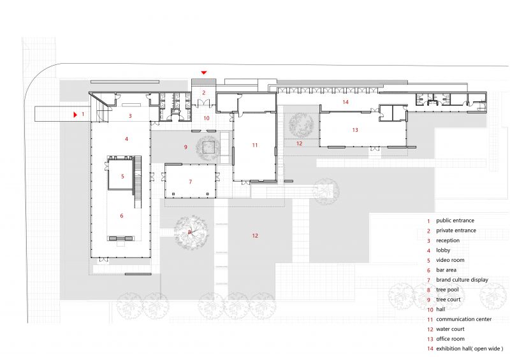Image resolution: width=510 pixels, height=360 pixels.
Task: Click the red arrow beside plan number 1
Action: click(x=75, y=115)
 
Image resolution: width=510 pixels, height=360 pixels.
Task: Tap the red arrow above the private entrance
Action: click(x=203, y=73)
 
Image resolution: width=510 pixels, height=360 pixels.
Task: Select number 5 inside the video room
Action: click(x=122, y=176)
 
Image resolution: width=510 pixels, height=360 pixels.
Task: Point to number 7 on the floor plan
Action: click(x=191, y=182)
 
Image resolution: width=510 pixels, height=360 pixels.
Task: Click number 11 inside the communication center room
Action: click(x=254, y=145)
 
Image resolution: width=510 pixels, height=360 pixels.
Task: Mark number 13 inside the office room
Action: click(x=355, y=130)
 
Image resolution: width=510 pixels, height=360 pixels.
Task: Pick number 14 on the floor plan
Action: click(x=346, y=102)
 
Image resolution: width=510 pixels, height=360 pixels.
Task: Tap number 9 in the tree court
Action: click(x=186, y=147)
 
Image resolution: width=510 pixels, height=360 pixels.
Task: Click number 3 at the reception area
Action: click(x=130, y=116)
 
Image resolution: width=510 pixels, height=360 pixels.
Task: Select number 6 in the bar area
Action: click(x=122, y=215)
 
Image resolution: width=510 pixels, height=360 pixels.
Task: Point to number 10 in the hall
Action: click(x=207, y=118)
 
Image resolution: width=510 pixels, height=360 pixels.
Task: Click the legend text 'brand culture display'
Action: click(x=462, y=280)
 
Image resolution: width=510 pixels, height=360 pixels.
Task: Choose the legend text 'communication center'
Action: click(x=464, y=319)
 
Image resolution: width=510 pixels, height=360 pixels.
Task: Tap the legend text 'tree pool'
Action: click(x=448, y=289)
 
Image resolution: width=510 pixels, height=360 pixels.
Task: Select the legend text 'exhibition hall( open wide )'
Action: click(x=470, y=349)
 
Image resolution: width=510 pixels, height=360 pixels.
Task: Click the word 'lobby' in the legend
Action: click(x=443, y=250)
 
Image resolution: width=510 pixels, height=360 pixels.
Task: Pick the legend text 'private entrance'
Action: click(x=456, y=230)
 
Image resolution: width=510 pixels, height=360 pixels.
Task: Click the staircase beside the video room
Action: click(x=138, y=182)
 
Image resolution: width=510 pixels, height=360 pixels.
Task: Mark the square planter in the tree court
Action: click(x=208, y=147)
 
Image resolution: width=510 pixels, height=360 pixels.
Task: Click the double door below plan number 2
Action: click(x=204, y=103)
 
